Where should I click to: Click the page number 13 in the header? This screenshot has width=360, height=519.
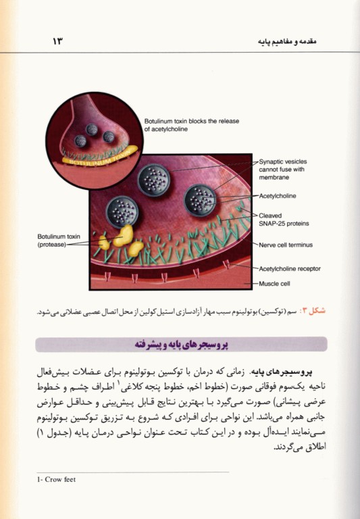[x=57, y=42]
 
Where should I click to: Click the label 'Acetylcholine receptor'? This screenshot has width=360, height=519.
[x=289, y=268]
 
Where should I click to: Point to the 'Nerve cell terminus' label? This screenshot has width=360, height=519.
[x=286, y=245]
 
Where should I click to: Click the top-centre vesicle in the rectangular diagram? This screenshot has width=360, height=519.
[x=153, y=180]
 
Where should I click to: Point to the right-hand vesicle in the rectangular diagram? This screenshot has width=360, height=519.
[x=201, y=199]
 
